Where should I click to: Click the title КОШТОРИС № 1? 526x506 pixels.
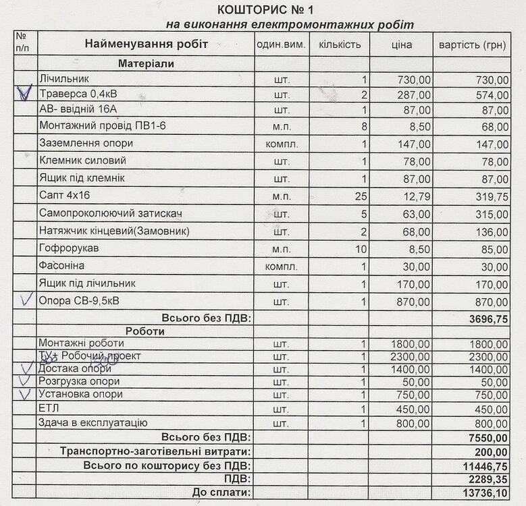point(265,9)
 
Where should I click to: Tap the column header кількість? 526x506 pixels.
point(340,45)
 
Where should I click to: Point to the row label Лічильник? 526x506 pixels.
point(64,79)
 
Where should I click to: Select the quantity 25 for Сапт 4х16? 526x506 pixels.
point(360,196)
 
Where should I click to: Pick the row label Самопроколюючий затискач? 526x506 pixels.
point(111,214)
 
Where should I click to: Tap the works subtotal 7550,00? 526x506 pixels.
point(488,438)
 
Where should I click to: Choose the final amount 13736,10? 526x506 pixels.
point(485,494)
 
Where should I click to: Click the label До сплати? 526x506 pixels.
point(221,493)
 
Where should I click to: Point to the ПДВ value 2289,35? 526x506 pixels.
point(488,480)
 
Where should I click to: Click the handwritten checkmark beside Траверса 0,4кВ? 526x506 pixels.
point(24,92)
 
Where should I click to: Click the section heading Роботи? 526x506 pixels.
point(145,331)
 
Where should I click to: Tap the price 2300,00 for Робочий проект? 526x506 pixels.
point(411,356)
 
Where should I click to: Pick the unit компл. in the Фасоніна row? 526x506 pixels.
point(282,266)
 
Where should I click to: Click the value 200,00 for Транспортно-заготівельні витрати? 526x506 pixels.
point(494,451)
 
